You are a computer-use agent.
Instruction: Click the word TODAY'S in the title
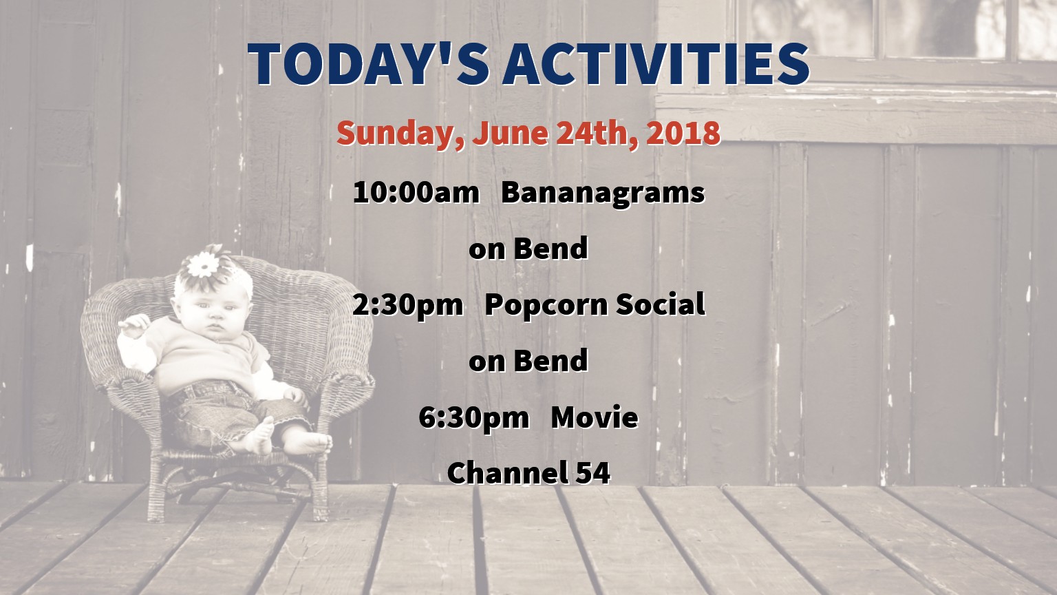[369, 64]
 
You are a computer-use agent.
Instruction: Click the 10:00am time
[416, 192]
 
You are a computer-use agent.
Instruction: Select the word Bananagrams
[603, 194]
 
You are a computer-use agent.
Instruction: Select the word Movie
[595, 417]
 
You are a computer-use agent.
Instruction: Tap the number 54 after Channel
[594, 473]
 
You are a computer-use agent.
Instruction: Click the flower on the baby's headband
[203, 264]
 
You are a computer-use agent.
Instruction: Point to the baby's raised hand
[134, 325]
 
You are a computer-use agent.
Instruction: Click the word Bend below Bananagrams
[551, 248]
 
